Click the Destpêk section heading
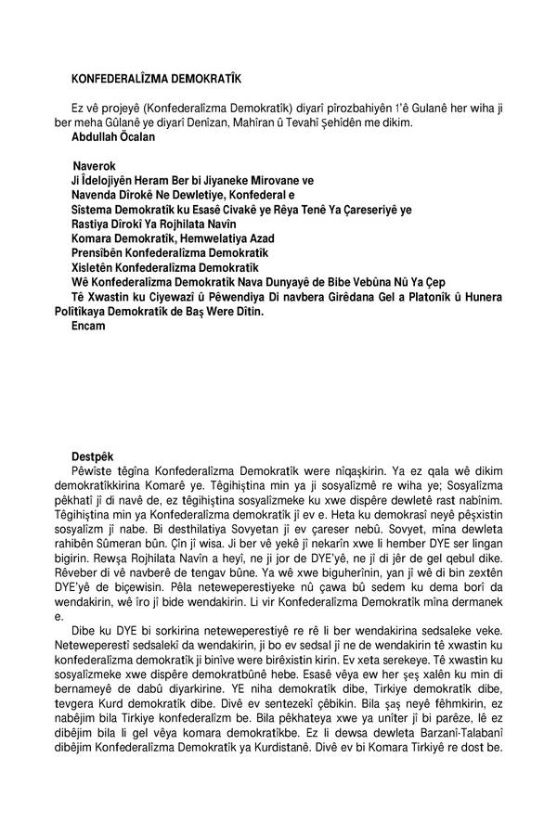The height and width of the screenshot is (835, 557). (93, 456)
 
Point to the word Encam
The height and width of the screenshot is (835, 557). (88, 327)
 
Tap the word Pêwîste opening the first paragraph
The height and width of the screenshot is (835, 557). (95, 472)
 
